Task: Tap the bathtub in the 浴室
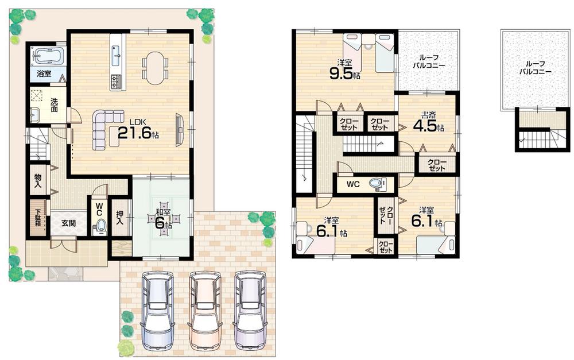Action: [x=48, y=57]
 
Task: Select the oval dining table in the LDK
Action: [x=154, y=68]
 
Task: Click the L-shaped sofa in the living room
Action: [x=105, y=127]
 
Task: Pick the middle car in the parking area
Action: [x=205, y=309]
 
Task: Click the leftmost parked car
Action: [x=157, y=309]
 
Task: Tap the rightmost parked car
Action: [x=250, y=309]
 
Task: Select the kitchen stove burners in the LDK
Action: [x=117, y=81]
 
